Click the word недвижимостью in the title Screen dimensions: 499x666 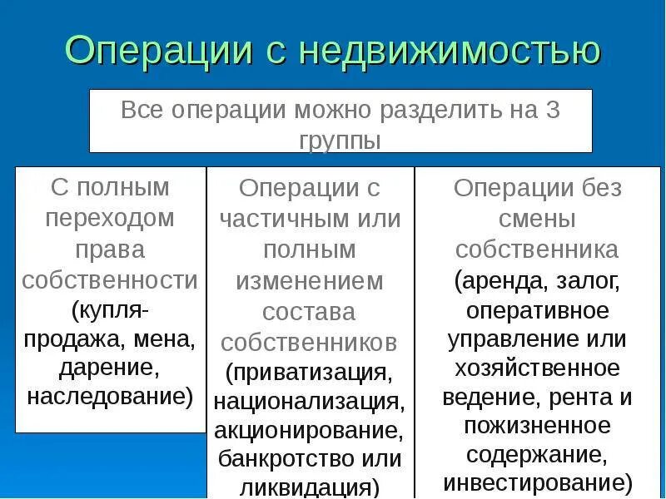pyautogui.click(x=450, y=52)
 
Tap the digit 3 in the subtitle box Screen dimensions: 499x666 pyautogui.click(x=552, y=111)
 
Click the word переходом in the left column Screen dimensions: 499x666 pyautogui.click(x=110, y=219)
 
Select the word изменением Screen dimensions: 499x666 pyautogui.click(x=310, y=281)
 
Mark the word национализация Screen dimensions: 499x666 pyautogui.click(x=309, y=401)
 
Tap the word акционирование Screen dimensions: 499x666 pyautogui.click(x=309, y=431)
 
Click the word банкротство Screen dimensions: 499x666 pyautogui.click(x=285, y=458)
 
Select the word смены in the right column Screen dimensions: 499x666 pyautogui.click(x=537, y=220)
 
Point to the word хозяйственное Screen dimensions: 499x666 pyautogui.click(x=537, y=368)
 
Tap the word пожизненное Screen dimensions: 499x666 pyautogui.click(x=538, y=426)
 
